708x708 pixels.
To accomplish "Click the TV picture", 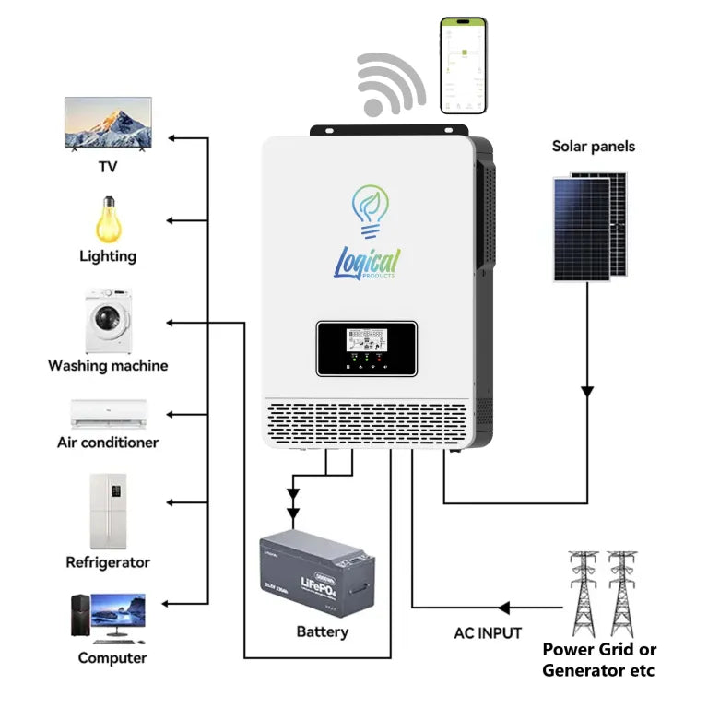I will tap(108, 124).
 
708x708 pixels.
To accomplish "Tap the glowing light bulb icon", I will tap(109, 219).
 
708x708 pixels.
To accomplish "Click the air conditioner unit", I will tap(109, 413).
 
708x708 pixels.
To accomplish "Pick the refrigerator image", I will tap(108, 511).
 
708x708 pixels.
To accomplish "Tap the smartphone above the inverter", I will tap(464, 65).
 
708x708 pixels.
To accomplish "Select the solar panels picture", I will tap(590, 226).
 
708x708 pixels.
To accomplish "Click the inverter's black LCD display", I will tap(367, 348).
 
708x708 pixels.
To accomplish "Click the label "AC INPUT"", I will tap(488, 633).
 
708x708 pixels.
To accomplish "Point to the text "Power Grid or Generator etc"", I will tap(598, 659).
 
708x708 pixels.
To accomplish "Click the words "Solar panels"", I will tap(594, 146).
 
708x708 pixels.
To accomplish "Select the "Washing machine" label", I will tap(108, 366).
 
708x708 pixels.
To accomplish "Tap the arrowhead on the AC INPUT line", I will tap(503, 608).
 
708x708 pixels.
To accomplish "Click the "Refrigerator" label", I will tap(108, 561).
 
